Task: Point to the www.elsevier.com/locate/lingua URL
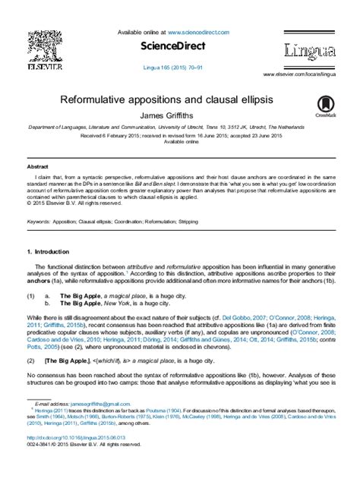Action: pyautogui.click(x=299, y=74)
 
